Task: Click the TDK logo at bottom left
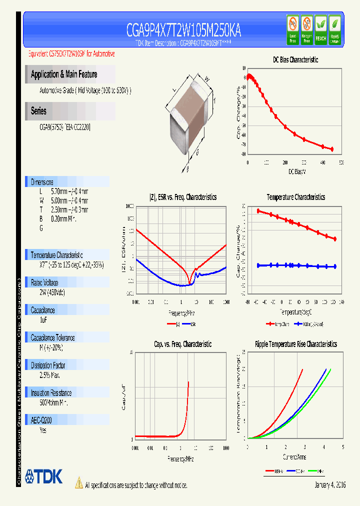point(43,476)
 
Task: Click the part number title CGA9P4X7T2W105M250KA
point(183,31)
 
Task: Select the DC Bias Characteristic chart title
point(295,59)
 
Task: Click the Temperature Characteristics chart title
point(295,197)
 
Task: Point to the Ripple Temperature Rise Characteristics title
point(295,344)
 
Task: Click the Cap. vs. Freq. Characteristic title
point(182,344)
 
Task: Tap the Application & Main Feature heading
point(64,74)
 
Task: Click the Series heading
point(38,111)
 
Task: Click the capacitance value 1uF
point(43,319)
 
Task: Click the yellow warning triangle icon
point(78,482)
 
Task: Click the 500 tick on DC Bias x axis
point(341,163)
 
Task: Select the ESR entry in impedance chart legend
point(192,324)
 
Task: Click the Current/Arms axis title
point(294,457)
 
